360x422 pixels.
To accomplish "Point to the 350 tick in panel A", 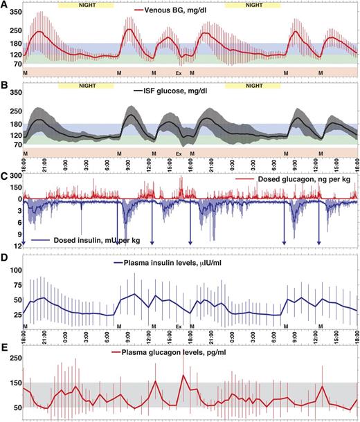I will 14,13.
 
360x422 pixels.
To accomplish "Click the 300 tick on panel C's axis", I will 14,176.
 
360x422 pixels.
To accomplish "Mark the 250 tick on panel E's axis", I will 14,357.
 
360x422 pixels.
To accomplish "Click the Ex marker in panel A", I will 178,73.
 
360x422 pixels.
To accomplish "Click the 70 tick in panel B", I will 15,144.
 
